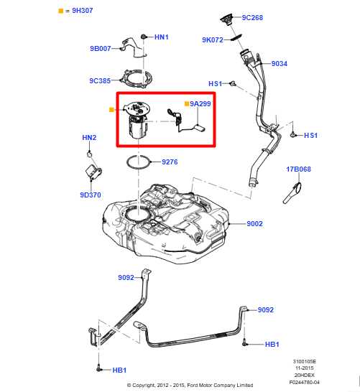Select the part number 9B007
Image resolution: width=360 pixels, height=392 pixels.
click(x=101, y=49)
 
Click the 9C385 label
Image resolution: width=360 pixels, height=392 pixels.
click(x=101, y=80)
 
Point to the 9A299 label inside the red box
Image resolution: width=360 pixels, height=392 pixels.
click(x=200, y=103)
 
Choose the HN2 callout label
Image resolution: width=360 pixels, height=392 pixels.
click(x=88, y=137)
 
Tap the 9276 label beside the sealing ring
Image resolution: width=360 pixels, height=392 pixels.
click(x=170, y=162)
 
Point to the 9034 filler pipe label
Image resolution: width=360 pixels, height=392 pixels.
click(x=279, y=64)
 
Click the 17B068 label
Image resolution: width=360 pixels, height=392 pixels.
click(x=298, y=170)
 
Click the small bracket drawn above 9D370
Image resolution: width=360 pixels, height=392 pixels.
click(x=92, y=173)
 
